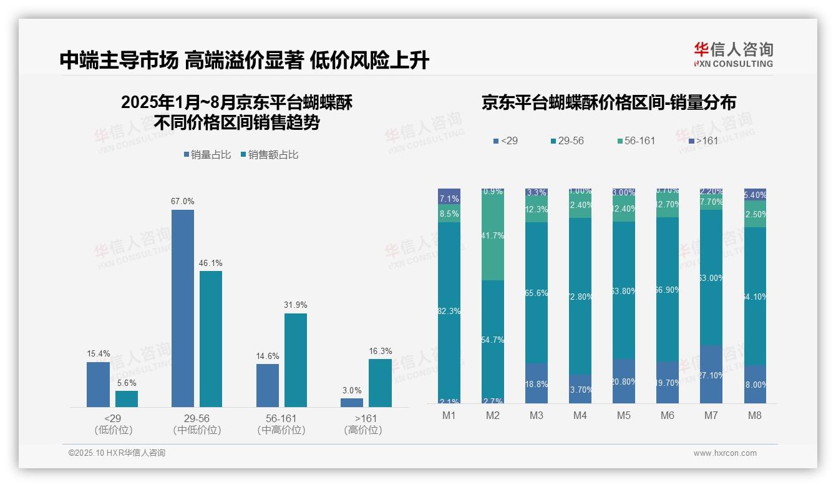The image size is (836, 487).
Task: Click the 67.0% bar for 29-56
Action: coord(182,308)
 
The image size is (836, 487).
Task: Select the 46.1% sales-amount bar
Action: coord(211,339)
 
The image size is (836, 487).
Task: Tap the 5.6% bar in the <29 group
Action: coord(127,399)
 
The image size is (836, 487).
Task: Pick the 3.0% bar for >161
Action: coord(352,403)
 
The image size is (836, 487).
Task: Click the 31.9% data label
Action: coord(296,305)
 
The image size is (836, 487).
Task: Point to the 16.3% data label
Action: coord(381,352)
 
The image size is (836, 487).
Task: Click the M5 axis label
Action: coord(623,416)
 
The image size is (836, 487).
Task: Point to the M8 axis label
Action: coord(754,416)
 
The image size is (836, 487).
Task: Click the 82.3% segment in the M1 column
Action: coord(449,310)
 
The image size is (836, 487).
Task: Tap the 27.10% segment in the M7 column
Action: coord(711,375)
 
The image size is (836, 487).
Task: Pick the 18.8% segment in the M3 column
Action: coord(537,383)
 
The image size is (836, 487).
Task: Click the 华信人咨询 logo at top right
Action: coord(733,55)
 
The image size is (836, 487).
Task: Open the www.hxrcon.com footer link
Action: coord(725,453)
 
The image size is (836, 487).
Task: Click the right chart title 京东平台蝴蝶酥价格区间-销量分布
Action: coord(608,103)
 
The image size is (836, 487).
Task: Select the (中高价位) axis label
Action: coord(281,430)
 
